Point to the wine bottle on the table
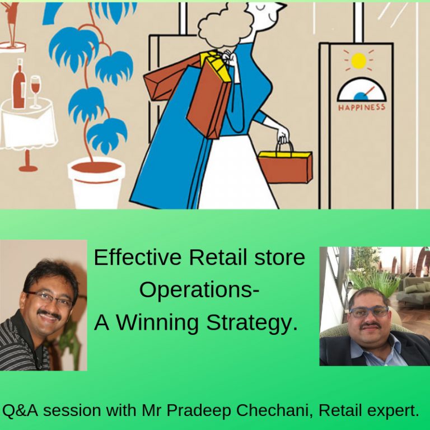point(19,84)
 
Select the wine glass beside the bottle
point(36,90)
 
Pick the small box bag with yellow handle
point(285,165)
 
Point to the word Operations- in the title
point(199,290)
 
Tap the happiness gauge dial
point(362,90)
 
